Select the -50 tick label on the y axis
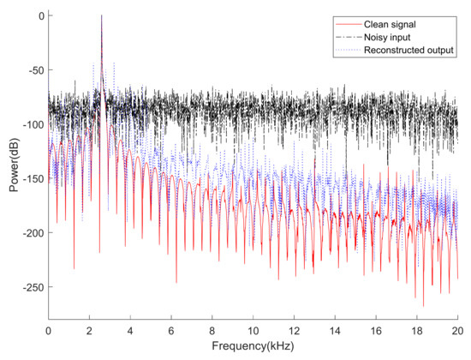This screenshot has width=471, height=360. tap(33, 70)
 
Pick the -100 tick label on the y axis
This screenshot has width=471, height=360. tap(30, 125)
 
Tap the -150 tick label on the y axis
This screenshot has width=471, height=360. tap(30, 179)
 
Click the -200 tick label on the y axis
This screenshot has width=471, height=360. tap(30, 233)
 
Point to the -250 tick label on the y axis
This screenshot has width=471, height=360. tap(30, 287)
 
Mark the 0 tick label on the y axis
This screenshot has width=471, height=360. tap(39, 16)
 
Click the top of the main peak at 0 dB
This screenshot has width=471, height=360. tap(101, 16)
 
